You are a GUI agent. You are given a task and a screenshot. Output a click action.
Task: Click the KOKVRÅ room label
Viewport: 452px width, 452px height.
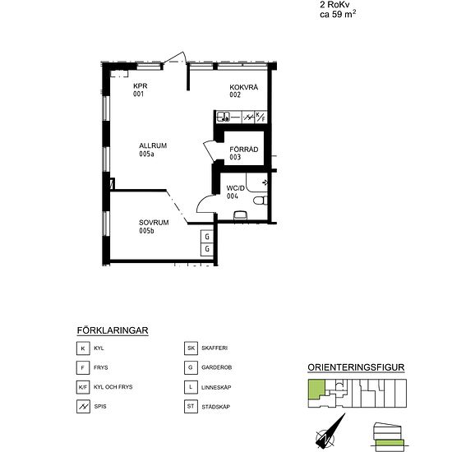pos(243,87)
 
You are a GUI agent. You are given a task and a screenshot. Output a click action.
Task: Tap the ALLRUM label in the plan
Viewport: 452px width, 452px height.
pos(153,145)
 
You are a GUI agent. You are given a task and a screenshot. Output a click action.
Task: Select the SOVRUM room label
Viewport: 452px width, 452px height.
pos(154,223)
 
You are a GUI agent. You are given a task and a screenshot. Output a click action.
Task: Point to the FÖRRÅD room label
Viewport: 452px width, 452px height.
pos(243,150)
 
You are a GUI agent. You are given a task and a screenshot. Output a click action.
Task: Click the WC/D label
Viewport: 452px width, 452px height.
pos(236,188)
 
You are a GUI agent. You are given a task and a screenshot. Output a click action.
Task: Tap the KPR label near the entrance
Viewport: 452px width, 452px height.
pos(140,86)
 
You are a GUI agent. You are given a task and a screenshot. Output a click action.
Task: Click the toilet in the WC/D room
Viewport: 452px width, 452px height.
pos(261,201)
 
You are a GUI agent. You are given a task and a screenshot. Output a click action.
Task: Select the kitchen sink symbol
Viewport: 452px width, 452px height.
pos(224,117)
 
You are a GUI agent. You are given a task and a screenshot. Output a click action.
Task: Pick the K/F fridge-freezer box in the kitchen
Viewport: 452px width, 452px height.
pos(261,117)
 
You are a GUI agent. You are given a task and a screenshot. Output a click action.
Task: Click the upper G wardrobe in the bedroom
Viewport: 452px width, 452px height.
pos(207,237)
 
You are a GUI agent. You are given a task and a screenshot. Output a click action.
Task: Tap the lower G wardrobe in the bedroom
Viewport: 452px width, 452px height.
pos(207,249)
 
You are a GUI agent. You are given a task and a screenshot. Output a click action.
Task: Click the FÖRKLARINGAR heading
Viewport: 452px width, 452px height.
pos(113,330)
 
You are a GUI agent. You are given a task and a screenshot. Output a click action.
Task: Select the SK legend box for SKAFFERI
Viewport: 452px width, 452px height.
pos(191,348)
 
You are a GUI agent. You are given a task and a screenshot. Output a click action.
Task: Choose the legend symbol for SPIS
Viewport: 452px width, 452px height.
pos(83,407)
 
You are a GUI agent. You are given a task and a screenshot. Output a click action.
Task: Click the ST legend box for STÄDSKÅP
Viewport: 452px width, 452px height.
pos(191,407)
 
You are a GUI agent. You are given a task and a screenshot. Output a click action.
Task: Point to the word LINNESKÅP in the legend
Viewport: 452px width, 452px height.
pos(216,387)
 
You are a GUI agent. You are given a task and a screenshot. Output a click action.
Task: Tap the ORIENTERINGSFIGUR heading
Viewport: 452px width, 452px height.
pos(356,367)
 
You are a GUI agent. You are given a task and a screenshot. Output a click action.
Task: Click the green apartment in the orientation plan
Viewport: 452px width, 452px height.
pos(316,389)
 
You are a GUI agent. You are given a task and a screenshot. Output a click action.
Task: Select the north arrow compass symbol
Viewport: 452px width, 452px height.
pos(330,431)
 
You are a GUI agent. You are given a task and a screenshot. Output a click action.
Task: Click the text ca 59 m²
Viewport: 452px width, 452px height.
pos(338,14)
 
